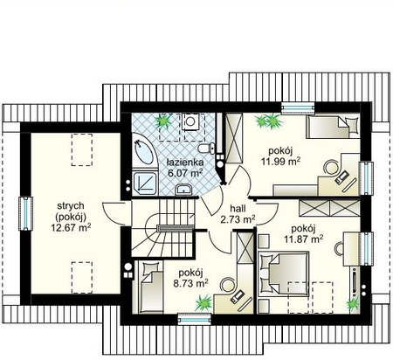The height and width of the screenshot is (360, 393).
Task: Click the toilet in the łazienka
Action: (x=206, y=148)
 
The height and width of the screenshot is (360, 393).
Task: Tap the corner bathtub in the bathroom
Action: (x=144, y=151)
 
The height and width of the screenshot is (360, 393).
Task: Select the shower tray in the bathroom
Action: (x=145, y=183)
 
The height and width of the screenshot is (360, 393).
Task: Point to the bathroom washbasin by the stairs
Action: (x=183, y=190)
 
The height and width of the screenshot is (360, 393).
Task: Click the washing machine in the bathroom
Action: (x=190, y=121)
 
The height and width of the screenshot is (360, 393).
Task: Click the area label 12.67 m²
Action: (x=71, y=227)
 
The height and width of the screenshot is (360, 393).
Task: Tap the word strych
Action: (x=71, y=205)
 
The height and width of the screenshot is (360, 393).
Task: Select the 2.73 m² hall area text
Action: (x=238, y=219)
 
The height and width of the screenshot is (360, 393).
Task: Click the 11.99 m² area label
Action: (x=280, y=161)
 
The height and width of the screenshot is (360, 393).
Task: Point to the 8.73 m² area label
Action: (x=190, y=283)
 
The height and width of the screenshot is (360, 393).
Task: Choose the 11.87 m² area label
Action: (x=303, y=239)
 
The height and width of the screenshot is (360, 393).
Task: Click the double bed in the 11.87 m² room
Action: (x=284, y=273)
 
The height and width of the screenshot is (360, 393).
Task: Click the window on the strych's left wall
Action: (x=26, y=214)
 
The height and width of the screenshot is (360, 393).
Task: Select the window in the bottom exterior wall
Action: (x=194, y=318)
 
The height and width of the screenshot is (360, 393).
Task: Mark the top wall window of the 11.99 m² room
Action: (x=299, y=107)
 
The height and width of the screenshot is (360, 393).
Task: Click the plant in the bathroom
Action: (x=163, y=121)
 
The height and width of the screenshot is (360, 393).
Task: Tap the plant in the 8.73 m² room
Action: (x=203, y=303)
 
